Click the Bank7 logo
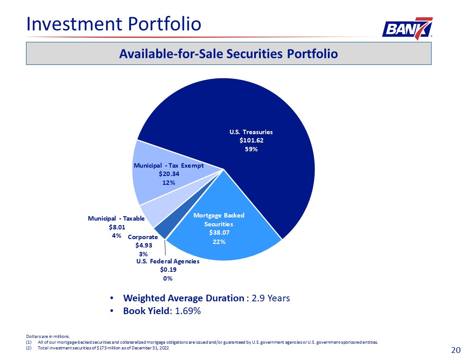pos(407,29)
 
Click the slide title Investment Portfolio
pos(114,23)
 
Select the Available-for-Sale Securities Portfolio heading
pos(228,53)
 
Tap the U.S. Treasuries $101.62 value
pos(251,140)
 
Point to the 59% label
pos(251,149)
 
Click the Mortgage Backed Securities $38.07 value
pos(218,232)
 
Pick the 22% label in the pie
pos(219,241)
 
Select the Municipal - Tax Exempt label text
pos(168,165)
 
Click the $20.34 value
pos(169,174)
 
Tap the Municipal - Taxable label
pos(116,218)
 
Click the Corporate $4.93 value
pos(143,245)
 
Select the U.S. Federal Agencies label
pos(168,261)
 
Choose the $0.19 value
pos(168,270)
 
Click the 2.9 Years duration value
pos(271,298)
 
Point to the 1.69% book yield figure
pos(188,311)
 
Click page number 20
pos(456,350)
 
